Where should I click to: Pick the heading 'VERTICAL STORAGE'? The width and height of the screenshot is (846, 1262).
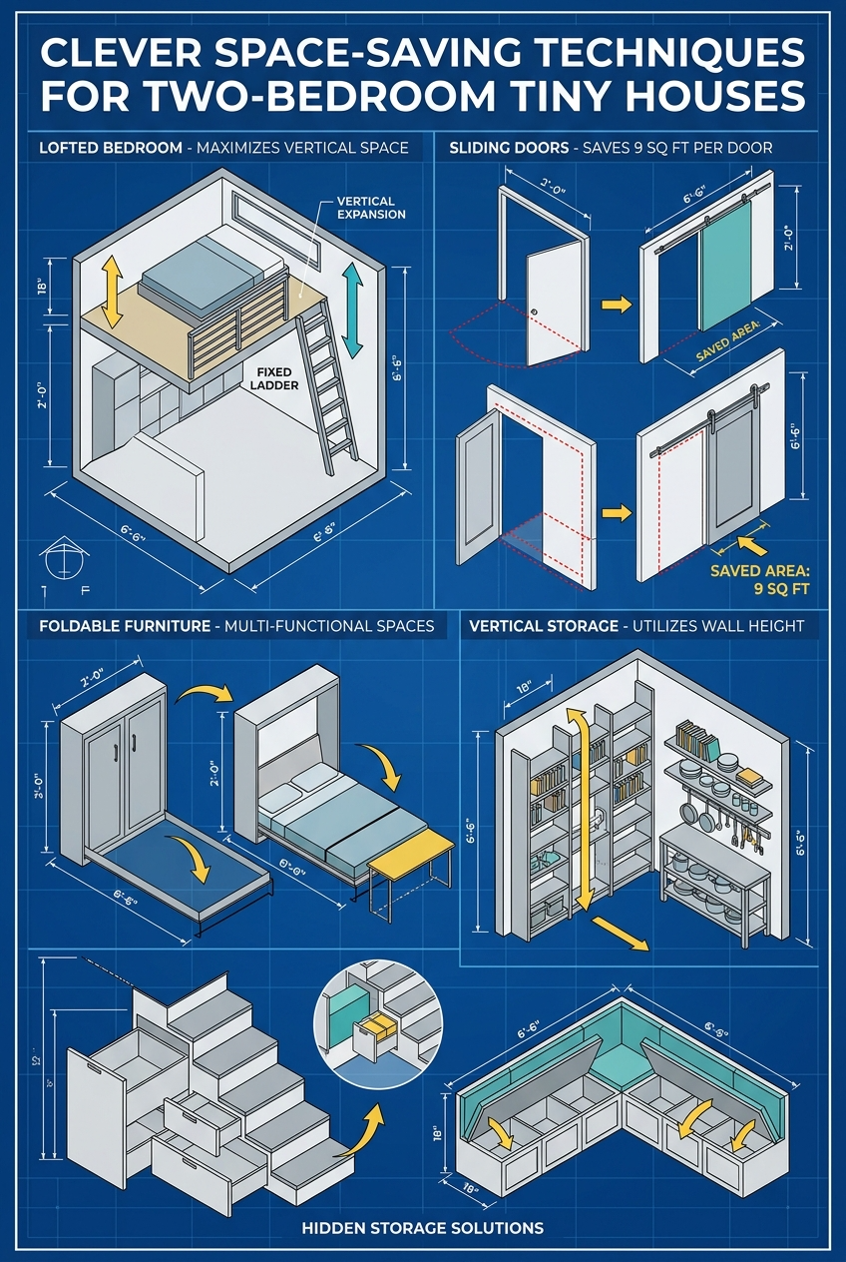(540, 626)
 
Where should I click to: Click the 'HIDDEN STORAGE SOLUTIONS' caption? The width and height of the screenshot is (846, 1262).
(423, 1226)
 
